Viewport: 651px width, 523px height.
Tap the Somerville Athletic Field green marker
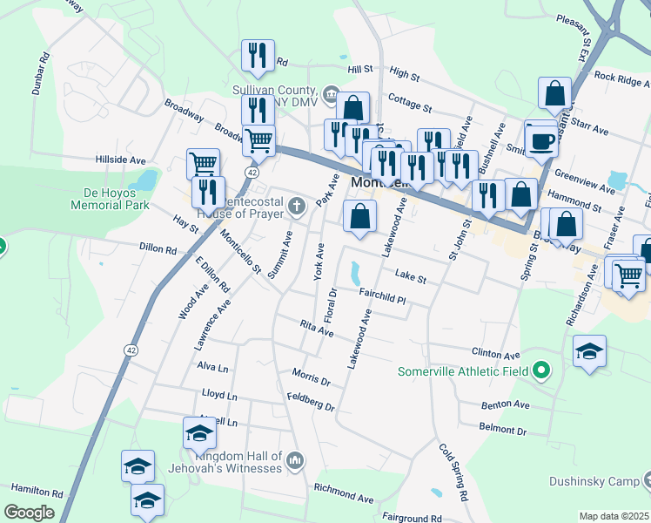tap(541, 371)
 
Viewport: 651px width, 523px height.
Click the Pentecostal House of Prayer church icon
tap(297, 207)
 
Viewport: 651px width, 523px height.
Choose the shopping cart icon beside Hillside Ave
tap(203, 164)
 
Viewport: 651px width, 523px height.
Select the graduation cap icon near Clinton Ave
tap(589, 351)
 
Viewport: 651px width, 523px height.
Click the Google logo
tap(29, 513)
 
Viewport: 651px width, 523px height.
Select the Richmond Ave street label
tap(344, 493)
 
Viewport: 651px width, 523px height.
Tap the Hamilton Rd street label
tap(32, 492)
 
